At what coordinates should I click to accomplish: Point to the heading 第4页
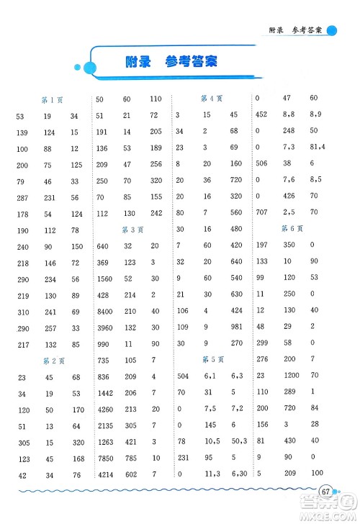point(211,99)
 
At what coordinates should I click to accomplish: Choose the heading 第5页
point(211,360)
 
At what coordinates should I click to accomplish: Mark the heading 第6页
point(290,229)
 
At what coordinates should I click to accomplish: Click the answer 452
point(261,114)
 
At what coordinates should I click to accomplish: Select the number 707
point(261,212)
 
